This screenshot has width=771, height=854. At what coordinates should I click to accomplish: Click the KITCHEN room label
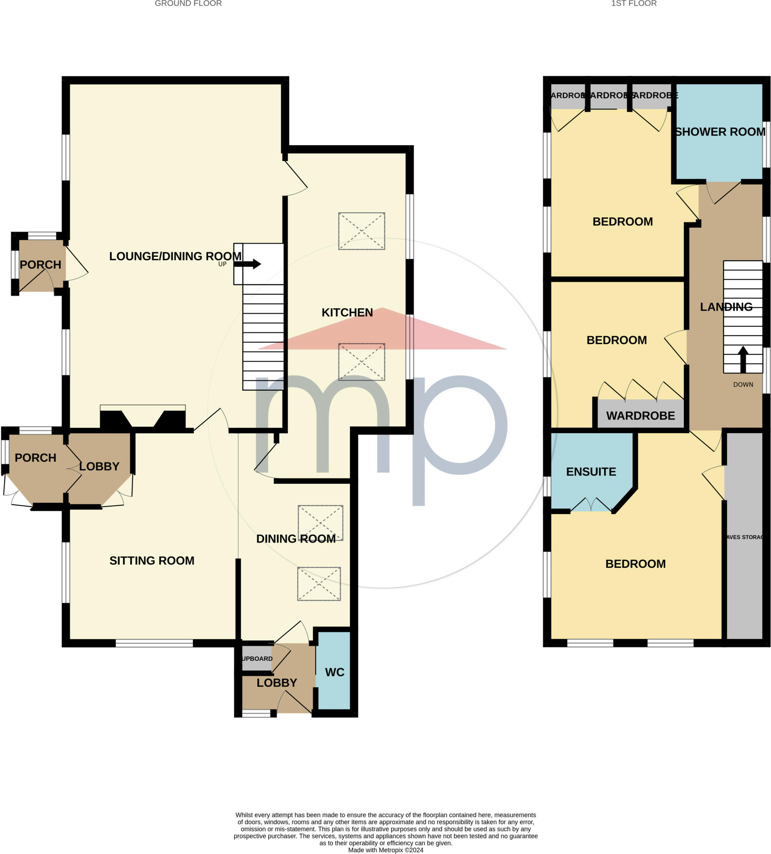347,313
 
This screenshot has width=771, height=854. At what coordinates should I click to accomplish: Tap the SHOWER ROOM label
720,132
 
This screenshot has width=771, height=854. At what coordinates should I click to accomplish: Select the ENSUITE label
591,472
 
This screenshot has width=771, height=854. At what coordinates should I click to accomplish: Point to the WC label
335,672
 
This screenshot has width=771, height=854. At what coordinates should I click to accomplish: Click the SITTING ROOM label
152,561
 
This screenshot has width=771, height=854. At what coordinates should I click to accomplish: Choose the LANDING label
726,307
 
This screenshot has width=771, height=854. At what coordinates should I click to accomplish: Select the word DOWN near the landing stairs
743,384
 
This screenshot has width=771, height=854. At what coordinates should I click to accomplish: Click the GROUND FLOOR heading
188,4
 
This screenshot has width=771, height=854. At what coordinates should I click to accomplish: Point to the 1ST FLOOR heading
634,4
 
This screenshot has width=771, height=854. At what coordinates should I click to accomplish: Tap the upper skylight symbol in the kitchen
362,231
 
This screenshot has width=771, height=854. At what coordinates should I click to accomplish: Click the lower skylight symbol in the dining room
319,584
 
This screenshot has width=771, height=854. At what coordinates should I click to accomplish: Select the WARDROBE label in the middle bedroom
640,416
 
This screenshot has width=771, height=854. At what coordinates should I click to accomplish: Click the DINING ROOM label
296,539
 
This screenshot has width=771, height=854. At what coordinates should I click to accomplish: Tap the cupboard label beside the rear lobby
257,659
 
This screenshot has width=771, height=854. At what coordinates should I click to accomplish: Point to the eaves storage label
745,537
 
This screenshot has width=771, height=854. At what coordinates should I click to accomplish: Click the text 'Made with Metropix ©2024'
385,850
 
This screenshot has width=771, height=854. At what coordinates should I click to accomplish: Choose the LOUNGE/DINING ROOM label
176,256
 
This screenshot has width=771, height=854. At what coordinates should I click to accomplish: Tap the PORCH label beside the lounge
41,265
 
